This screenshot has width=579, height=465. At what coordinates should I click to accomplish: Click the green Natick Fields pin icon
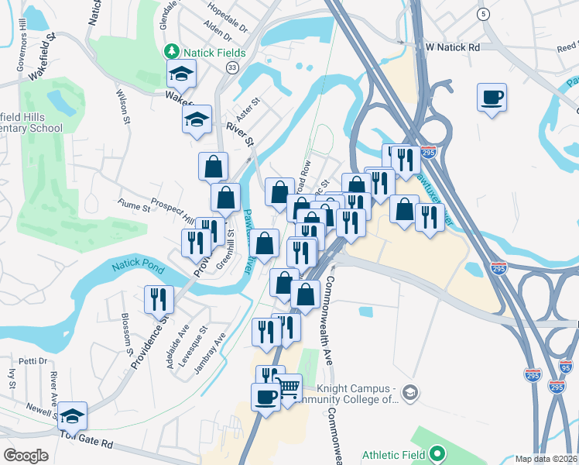tap(171, 53)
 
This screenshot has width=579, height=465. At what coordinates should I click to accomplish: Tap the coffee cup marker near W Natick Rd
tap(492, 98)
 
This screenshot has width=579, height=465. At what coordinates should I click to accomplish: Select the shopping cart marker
tap(289, 387)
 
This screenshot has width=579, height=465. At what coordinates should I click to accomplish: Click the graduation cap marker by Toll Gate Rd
tap(72, 416)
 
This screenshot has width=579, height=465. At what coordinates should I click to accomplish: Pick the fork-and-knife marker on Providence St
tap(159, 299)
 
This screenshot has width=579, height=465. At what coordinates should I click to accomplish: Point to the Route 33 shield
tap(231, 69)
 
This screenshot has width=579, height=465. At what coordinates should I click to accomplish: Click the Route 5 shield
tap(484, 15)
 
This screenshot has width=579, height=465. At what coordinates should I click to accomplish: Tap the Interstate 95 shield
tap(565, 367)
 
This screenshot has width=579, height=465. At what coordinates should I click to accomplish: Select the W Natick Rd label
tap(453, 46)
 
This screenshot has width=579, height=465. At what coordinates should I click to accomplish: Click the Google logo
tap(26, 456)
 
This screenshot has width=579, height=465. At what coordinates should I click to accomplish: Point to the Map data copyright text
tap(546, 459)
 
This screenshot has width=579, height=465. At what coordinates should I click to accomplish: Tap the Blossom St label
tap(125, 332)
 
